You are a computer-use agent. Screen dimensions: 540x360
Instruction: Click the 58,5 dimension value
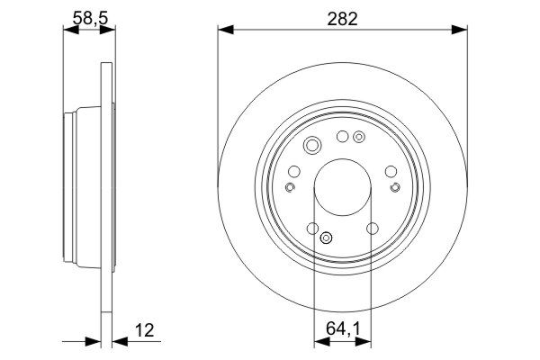click(x=90, y=18)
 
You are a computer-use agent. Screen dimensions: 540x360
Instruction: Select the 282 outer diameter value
click(x=342, y=19)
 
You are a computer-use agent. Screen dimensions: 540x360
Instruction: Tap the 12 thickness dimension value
click(x=144, y=330)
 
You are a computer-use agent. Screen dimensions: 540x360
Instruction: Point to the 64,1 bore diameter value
click(x=343, y=329)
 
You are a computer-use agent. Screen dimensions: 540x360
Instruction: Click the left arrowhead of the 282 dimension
click(x=226, y=30)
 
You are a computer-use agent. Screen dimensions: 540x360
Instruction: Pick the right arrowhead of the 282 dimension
click(x=459, y=30)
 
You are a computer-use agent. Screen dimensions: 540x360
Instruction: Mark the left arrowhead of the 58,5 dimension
click(x=71, y=30)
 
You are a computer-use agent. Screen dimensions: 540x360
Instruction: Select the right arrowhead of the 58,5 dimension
click(x=107, y=30)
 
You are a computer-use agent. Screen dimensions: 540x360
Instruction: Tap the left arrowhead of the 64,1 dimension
click(x=322, y=342)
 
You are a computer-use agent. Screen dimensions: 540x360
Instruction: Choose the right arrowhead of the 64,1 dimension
click(x=364, y=342)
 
